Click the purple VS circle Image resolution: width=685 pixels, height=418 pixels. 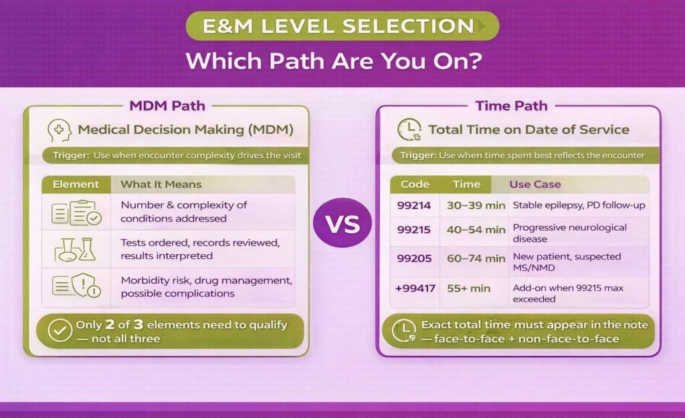(342, 223)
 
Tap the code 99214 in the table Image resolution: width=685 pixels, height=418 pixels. (414, 205)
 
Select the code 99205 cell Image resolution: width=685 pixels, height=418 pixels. (414, 258)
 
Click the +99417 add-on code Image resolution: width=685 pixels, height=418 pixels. (415, 288)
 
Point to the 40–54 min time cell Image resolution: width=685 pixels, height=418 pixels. (476, 229)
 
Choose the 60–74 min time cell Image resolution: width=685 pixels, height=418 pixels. (476, 258)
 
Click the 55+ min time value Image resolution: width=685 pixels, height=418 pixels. (468, 288)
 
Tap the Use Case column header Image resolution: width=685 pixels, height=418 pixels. (535, 184)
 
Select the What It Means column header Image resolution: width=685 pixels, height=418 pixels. (161, 184)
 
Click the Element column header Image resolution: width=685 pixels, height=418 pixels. (76, 184)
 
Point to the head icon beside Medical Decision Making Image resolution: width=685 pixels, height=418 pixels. (60, 130)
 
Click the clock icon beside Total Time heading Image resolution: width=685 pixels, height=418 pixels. (409, 130)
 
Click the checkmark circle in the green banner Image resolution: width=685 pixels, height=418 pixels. (60, 331)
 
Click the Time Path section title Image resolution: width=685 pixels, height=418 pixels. (511, 106)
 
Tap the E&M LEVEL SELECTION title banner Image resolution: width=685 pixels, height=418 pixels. (342, 26)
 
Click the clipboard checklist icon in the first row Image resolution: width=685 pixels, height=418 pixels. (76, 212)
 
